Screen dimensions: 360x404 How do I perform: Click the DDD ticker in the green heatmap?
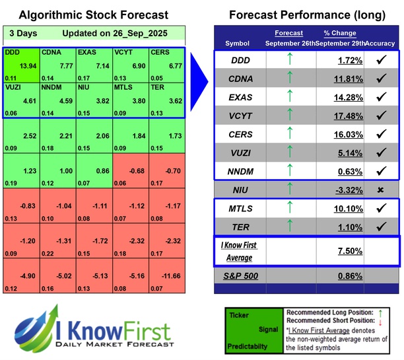pyautogui.click(x=13, y=52)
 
